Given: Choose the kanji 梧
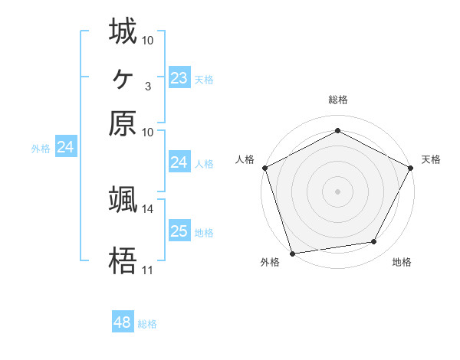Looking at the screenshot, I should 123,261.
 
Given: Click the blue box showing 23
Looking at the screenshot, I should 179,78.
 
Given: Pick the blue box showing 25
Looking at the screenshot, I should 179,231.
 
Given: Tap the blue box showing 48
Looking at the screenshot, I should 123,322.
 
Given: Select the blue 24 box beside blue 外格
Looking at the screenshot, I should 65,147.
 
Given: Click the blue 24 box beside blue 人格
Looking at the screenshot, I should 179,162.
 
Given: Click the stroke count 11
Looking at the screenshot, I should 147,270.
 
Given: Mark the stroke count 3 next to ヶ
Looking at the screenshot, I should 147,86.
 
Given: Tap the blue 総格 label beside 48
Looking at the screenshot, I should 147,324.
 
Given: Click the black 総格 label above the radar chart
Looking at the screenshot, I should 337,100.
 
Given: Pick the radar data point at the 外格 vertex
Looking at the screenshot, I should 292,254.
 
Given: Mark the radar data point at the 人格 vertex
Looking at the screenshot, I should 264,168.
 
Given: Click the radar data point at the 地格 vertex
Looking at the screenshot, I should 374,242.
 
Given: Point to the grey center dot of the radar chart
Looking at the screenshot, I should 337,191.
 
